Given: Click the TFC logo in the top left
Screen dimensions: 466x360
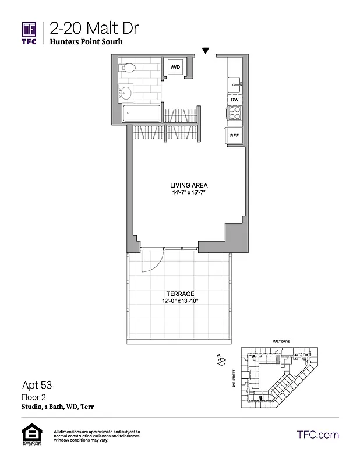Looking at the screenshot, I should (30, 33).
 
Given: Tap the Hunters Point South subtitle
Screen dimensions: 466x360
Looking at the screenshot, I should (86, 42).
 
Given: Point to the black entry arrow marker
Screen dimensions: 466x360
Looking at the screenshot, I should (205, 51).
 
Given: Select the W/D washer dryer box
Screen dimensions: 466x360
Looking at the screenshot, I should (175, 68).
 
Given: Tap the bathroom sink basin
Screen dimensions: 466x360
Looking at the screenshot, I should (126, 92).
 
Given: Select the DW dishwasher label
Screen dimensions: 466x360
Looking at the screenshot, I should (234, 100).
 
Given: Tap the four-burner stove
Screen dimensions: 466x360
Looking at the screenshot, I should (234, 114).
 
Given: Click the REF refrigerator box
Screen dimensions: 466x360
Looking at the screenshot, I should (234, 136).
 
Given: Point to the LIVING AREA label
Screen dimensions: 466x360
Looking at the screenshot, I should (185, 185).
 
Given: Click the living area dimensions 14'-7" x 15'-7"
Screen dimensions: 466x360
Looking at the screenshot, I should (185, 192).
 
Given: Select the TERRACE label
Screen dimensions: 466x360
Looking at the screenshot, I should (179, 294).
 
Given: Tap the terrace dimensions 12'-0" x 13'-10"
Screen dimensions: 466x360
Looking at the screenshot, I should (179, 301).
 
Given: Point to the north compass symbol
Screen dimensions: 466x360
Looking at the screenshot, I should (221, 362).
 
